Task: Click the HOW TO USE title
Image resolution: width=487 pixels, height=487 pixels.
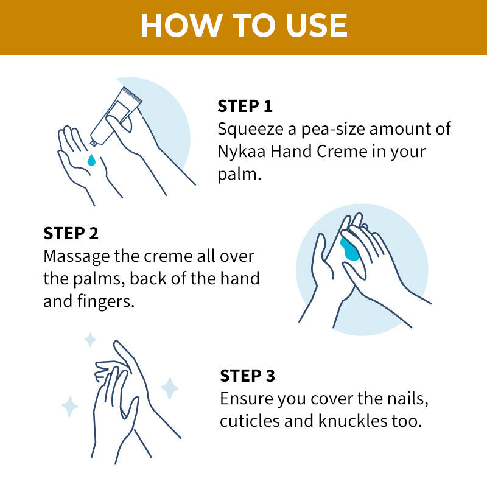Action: click(243, 26)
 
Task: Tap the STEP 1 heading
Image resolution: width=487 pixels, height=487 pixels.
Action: click(245, 106)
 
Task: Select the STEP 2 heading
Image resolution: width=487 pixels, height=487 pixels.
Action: click(71, 233)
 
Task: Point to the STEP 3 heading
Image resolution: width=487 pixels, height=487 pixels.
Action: click(248, 376)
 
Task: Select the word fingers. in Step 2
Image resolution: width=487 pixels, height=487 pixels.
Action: click(107, 302)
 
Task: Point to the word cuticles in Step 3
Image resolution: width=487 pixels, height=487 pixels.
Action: click(246, 421)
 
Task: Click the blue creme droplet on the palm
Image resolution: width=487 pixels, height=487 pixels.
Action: click(91, 160)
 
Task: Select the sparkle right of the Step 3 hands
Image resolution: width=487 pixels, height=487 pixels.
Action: click(169, 388)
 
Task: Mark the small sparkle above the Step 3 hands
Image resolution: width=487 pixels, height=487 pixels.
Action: click(90, 340)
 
